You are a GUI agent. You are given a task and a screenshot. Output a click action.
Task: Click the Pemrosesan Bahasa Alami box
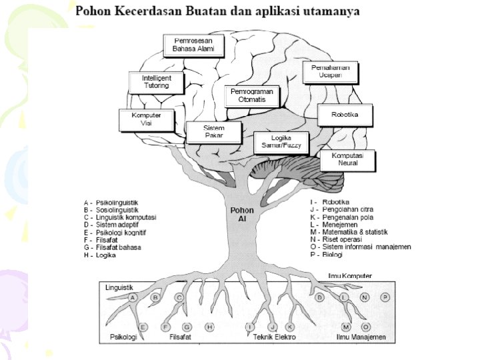(x=193, y=45)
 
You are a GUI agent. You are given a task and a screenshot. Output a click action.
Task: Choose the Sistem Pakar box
(x=213, y=131)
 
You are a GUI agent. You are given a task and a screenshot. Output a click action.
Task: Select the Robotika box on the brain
(x=345, y=115)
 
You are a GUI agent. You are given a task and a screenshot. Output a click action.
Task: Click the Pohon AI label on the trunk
(x=238, y=214)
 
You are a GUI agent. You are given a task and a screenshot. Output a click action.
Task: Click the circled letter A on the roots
(x=133, y=297)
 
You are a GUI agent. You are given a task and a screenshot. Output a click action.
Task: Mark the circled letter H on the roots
(x=209, y=327)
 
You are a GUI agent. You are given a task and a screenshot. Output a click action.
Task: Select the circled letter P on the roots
(x=385, y=297)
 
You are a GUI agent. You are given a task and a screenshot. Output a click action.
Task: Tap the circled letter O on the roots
(x=366, y=327)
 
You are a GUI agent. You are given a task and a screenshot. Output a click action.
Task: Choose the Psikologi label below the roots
(x=123, y=338)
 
